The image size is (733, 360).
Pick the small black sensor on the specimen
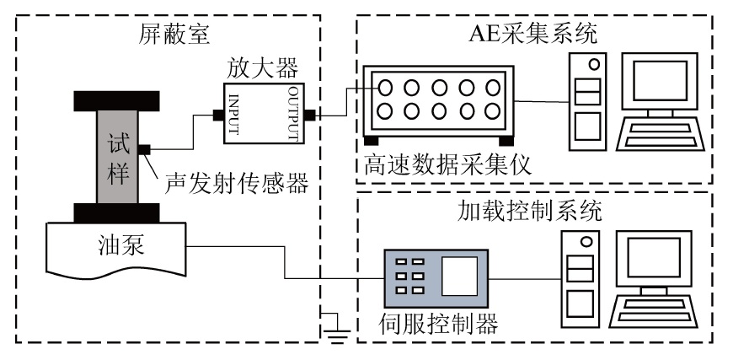[x=143, y=149]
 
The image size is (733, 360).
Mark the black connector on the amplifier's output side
[x=309, y=114]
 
